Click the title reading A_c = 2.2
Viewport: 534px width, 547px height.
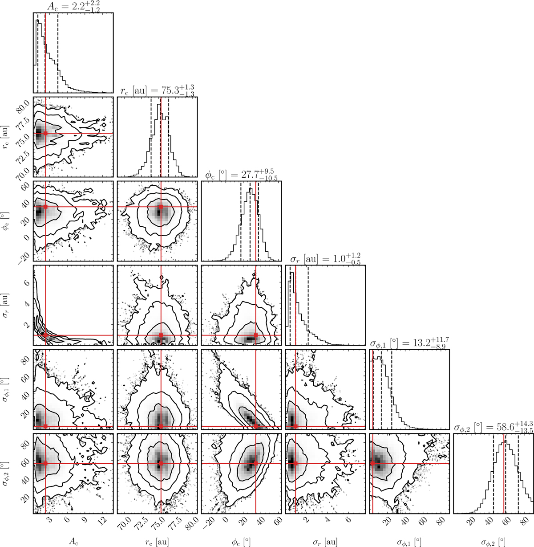(x=73, y=7)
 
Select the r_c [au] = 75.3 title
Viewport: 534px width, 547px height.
(x=157, y=90)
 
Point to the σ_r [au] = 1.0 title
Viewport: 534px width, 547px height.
(x=325, y=259)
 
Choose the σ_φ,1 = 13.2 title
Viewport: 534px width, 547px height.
(x=409, y=343)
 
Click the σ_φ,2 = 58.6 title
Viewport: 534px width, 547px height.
(x=494, y=427)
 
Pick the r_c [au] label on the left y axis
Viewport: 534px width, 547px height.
(x=6, y=137)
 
